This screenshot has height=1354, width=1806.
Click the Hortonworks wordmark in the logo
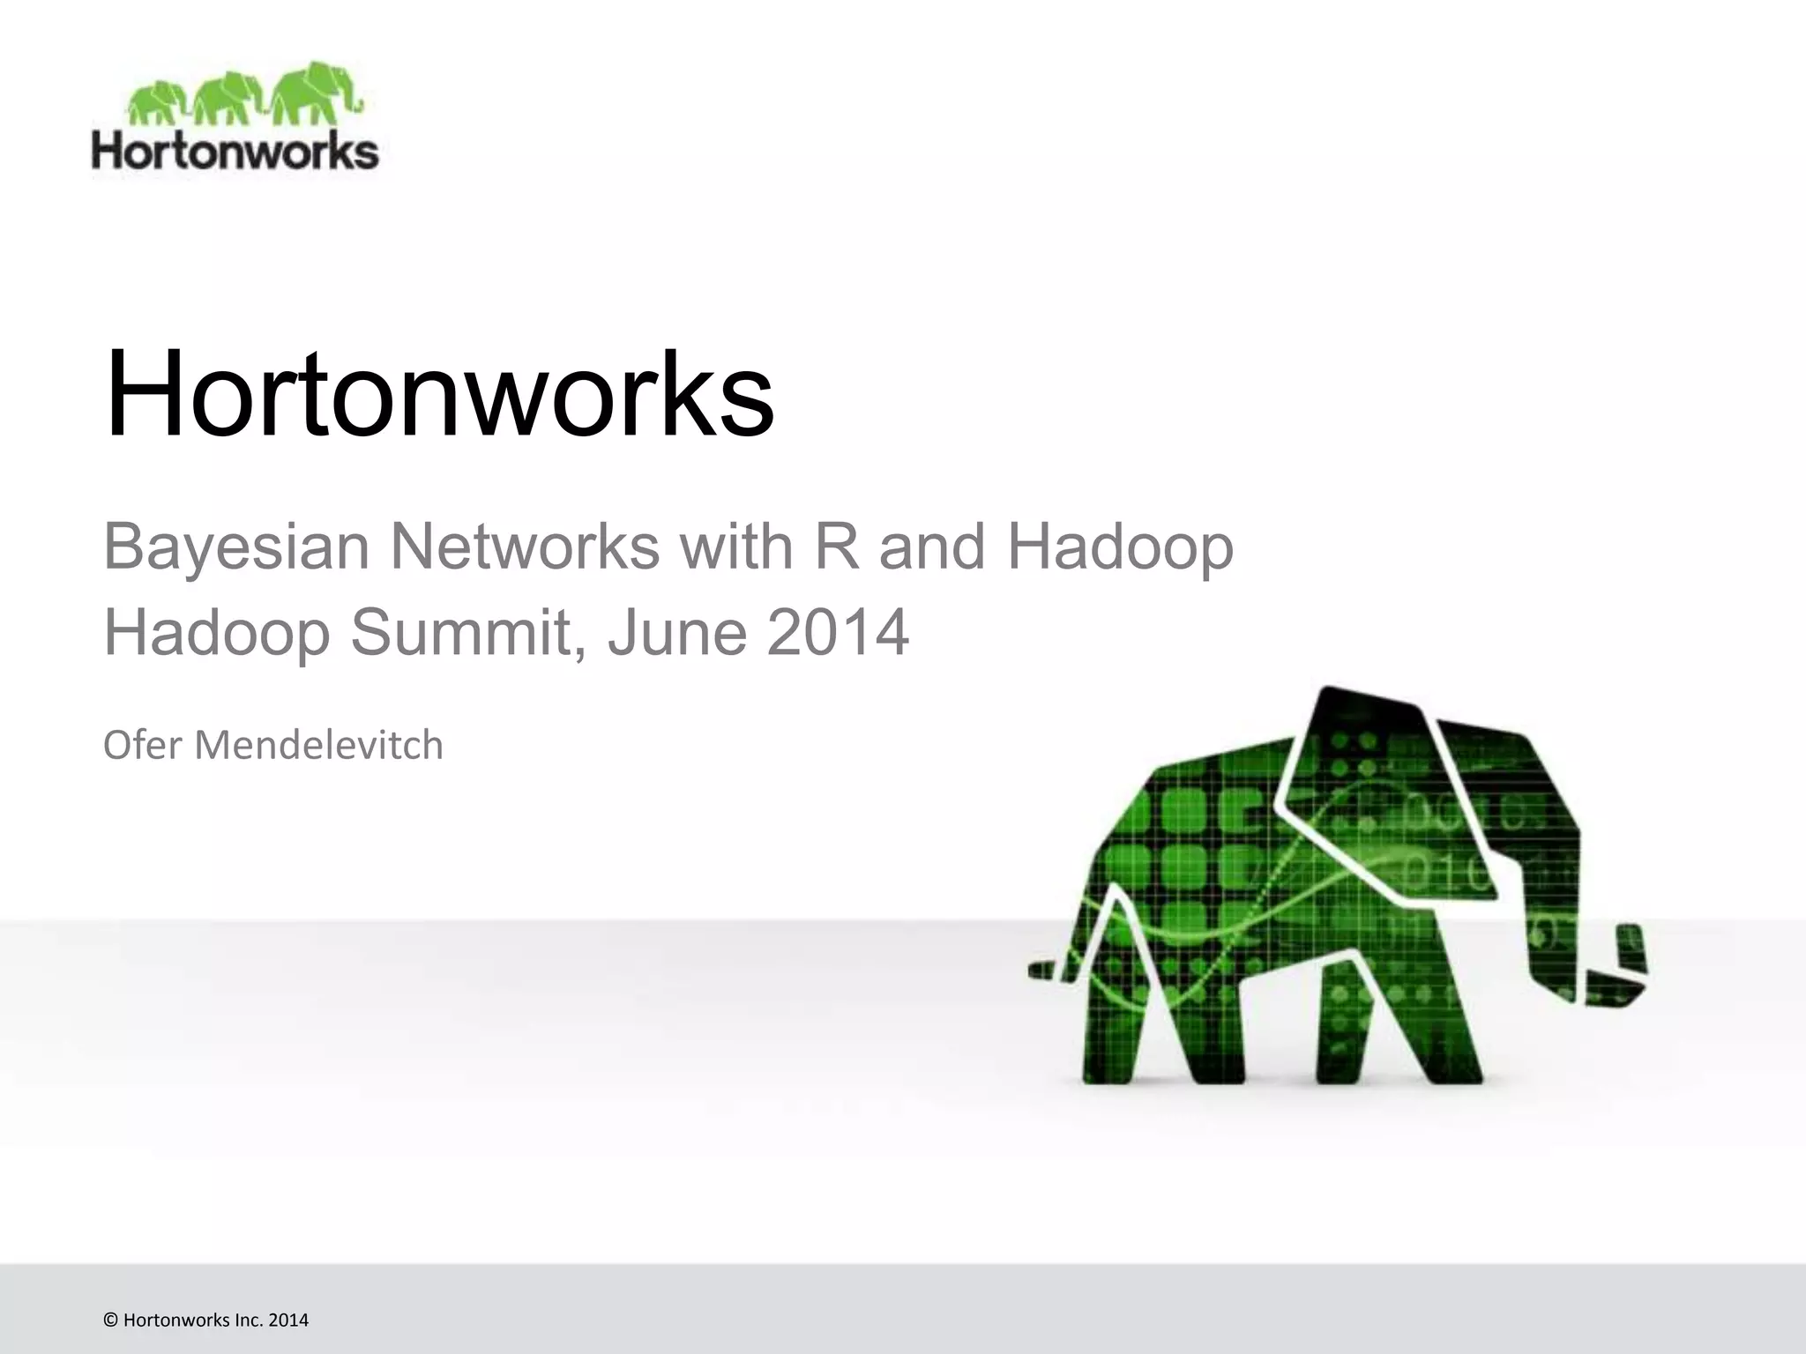point(235,152)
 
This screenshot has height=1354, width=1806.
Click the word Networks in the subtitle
point(524,547)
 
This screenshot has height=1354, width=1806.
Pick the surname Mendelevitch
point(318,745)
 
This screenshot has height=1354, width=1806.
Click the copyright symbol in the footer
point(110,1320)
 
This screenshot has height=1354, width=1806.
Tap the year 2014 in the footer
point(288,1320)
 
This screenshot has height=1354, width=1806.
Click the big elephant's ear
point(1376,776)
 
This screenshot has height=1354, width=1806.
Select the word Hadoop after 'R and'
point(1120,547)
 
